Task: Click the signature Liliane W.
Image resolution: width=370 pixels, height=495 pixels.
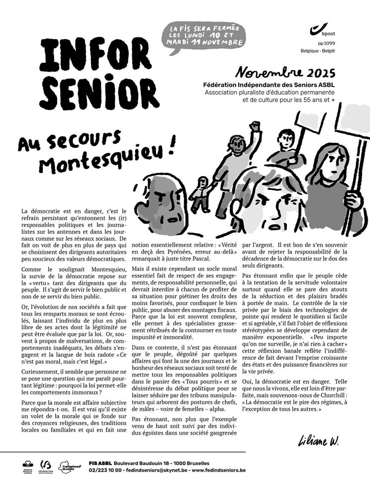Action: point(318,440)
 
